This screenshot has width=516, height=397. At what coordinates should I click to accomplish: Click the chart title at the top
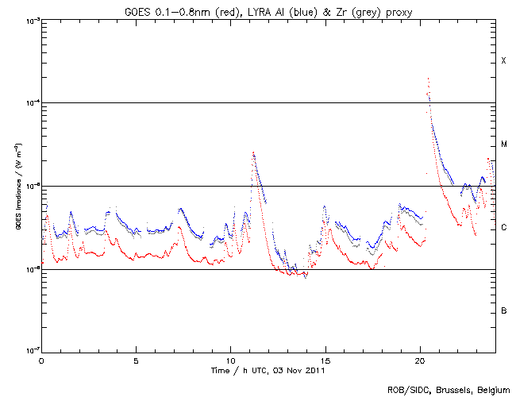pyautogui.click(x=268, y=10)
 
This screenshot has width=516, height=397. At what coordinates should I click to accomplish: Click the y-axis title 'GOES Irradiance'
pyautogui.click(x=17, y=187)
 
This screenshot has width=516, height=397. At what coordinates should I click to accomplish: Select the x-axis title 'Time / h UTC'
pyautogui.click(x=268, y=370)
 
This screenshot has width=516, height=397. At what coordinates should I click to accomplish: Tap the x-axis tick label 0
pyautogui.click(x=41, y=360)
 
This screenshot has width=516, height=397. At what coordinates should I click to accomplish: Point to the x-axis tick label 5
pyautogui.click(x=137, y=360)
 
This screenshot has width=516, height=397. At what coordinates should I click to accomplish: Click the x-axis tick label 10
pyautogui.click(x=231, y=360)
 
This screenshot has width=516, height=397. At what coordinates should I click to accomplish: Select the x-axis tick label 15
pyautogui.click(x=325, y=360)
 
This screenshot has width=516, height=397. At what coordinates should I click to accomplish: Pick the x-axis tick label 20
pyautogui.click(x=420, y=360)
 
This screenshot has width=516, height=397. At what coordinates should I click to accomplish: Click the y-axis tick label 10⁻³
pyautogui.click(x=29, y=21)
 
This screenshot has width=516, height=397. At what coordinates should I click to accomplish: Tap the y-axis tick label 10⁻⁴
pyautogui.click(x=29, y=103)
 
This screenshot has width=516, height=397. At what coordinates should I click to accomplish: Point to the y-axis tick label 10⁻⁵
pyautogui.click(x=29, y=187)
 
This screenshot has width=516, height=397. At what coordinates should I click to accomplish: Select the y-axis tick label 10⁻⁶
pyautogui.click(x=29, y=269)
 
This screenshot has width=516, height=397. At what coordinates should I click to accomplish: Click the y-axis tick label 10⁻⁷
pyautogui.click(x=29, y=352)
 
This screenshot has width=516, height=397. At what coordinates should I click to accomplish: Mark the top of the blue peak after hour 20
pyautogui.click(x=429, y=79)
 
